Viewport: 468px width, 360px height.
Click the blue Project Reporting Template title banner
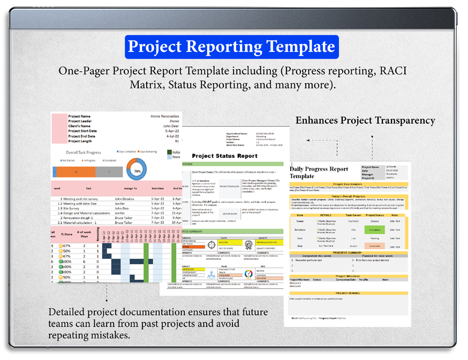231,47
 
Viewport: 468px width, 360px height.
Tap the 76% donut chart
137,172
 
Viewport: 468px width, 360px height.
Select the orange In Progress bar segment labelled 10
76,172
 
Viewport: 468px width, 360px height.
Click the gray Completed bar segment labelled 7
109,172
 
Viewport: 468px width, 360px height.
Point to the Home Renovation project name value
164,116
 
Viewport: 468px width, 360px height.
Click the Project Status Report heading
225,156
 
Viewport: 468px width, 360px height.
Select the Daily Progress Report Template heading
319,172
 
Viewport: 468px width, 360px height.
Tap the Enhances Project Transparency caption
365,120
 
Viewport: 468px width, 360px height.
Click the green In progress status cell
374,229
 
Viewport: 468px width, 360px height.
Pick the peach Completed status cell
374,246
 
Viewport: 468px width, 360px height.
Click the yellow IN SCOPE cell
224,242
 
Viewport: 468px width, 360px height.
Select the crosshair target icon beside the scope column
211,245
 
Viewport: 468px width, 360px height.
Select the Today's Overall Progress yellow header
348,196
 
